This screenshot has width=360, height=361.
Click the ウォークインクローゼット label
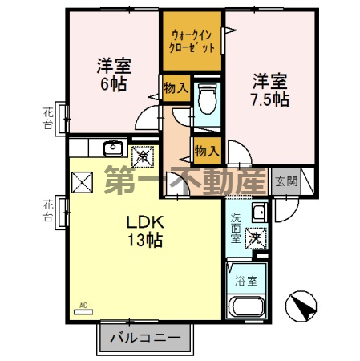[x=192, y=41]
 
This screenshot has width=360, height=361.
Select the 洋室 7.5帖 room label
[x=269, y=90]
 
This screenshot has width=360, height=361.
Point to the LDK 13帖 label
[x=145, y=230]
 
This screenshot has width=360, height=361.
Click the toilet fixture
[x=206, y=99]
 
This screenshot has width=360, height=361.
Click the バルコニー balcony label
[x=145, y=337]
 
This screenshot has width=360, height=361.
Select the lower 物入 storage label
[x=205, y=150]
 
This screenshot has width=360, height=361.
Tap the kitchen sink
[x=114, y=147]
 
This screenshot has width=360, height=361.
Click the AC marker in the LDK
[x=82, y=305]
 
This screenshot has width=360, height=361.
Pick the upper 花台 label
[x=47, y=119]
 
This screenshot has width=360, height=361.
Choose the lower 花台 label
[x=47, y=212]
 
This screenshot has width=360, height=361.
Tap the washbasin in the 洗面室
[x=258, y=213]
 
